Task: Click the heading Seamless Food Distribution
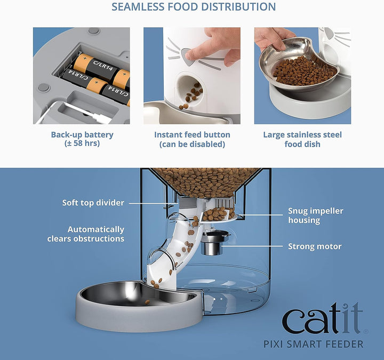(x=194, y=7)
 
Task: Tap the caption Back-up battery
(x=82, y=135)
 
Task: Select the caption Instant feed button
(x=192, y=135)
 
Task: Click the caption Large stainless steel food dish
(x=302, y=139)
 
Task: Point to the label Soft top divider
(x=93, y=203)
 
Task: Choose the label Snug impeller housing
(x=316, y=215)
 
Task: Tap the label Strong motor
(x=315, y=246)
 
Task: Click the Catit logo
(x=322, y=320)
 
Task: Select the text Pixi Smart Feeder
(x=322, y=345)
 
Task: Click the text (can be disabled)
(x=192, y=145)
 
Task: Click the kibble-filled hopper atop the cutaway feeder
(x=205, y=181)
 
